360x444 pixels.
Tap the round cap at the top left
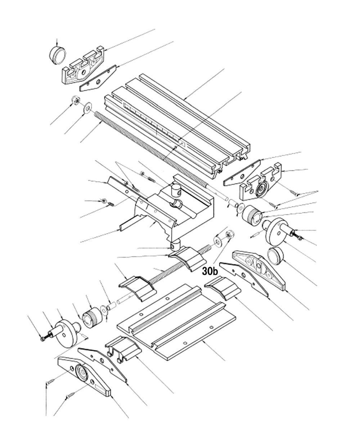pyautogui.click(x=58, y=55)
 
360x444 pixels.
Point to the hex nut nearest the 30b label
pyautogui.click(x=229, y=236)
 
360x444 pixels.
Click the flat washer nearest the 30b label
pyautogui.click(x=218, y=241)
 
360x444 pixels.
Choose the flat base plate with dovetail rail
pyautogui.click(x=176, y=320)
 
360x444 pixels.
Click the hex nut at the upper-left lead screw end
pyautogui.click(x=76, y=101)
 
